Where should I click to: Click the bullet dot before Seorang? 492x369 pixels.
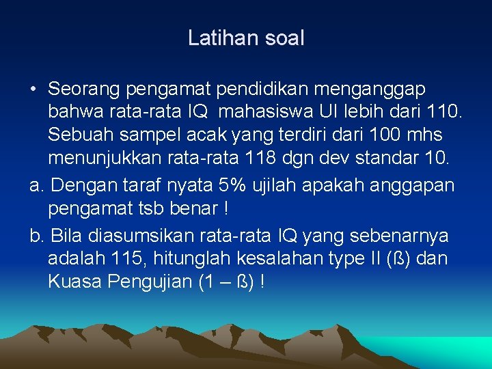tap(33, 90)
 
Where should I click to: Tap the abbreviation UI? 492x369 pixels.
tap(335, 111)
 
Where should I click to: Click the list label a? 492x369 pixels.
tap(36, 184)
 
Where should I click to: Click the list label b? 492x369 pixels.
tap(36, 236)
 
